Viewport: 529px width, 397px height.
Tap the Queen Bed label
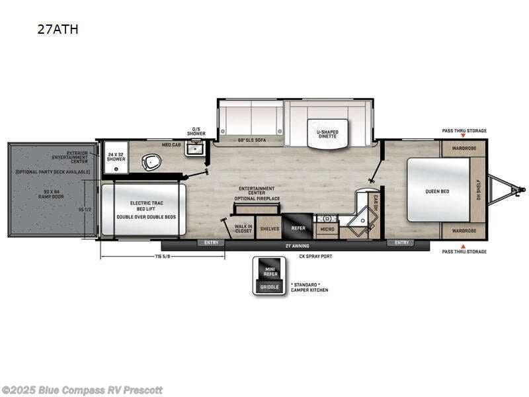pos(437,191)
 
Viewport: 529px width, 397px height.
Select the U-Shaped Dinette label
pos(327,134)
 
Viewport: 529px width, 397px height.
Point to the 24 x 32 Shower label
pos(116,156)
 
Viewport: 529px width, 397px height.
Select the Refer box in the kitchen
pos(298,228)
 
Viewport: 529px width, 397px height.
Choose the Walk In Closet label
pos(243,228)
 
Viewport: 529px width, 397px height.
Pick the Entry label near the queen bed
pos(402,243)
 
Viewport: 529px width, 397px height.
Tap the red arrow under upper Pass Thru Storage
pos(464,136)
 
